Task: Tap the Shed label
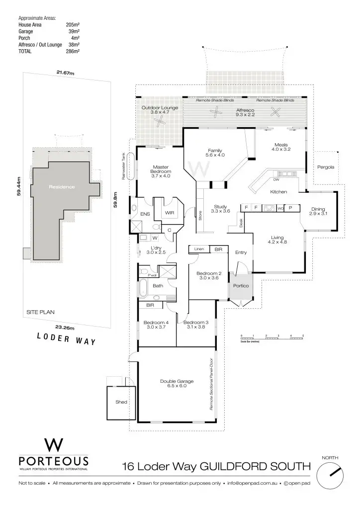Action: point(121,402)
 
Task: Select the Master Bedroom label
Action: point(161,171)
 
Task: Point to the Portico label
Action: point(241,286)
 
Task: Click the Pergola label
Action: point(326,167)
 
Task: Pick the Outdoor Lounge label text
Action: point(160,110)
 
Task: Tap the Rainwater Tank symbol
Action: point(131,166)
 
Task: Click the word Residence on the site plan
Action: point(62,187)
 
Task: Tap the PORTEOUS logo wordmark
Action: point(53,461)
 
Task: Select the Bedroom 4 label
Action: point(156,325)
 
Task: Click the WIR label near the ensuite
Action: point(169,212)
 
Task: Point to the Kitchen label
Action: point(278,191)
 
